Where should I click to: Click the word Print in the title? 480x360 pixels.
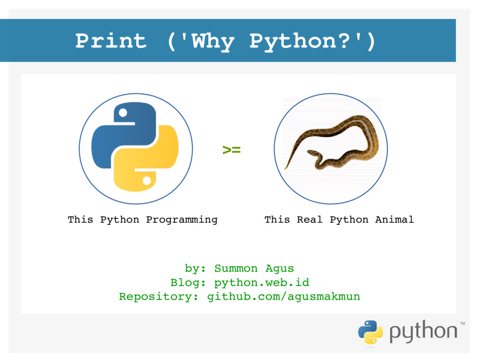click(x=111, y=41)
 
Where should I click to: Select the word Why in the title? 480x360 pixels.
click(x=213, y=41)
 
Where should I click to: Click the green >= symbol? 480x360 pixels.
click(x=231, y=150)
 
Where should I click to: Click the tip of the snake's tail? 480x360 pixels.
click(x=285, y=168)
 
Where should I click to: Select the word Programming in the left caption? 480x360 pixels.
click(x=181, y=219)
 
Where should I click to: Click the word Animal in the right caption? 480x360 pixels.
click(x=394, y=219)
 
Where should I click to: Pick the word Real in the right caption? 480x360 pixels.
click(x=309, y=219)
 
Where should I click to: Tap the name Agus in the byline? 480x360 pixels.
click(x=279, y=269)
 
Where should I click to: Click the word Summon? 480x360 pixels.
click(x=236, y=269)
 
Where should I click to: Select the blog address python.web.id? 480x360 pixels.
click(x=262, y=283)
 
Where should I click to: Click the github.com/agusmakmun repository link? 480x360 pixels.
click(x=284, y=297)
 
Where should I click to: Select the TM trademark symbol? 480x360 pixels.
click(x=462, y=323)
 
